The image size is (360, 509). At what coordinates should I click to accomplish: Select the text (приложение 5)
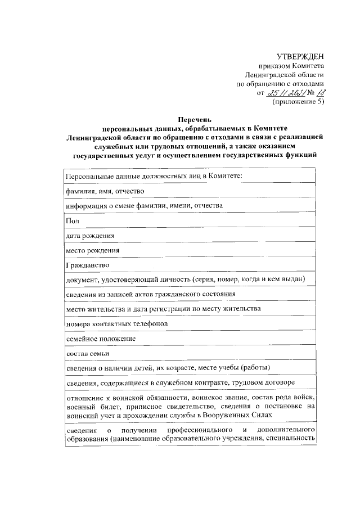coord(298,102)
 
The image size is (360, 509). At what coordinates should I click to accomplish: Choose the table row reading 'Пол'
coord(73,220)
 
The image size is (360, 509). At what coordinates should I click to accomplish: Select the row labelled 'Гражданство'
coord(87,264)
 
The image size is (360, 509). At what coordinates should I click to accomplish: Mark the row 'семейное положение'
coord(100,339)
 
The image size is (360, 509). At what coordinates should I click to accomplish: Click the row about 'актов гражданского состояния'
coord(150,294)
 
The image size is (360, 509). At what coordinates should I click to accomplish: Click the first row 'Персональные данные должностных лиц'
coord(153,176)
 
